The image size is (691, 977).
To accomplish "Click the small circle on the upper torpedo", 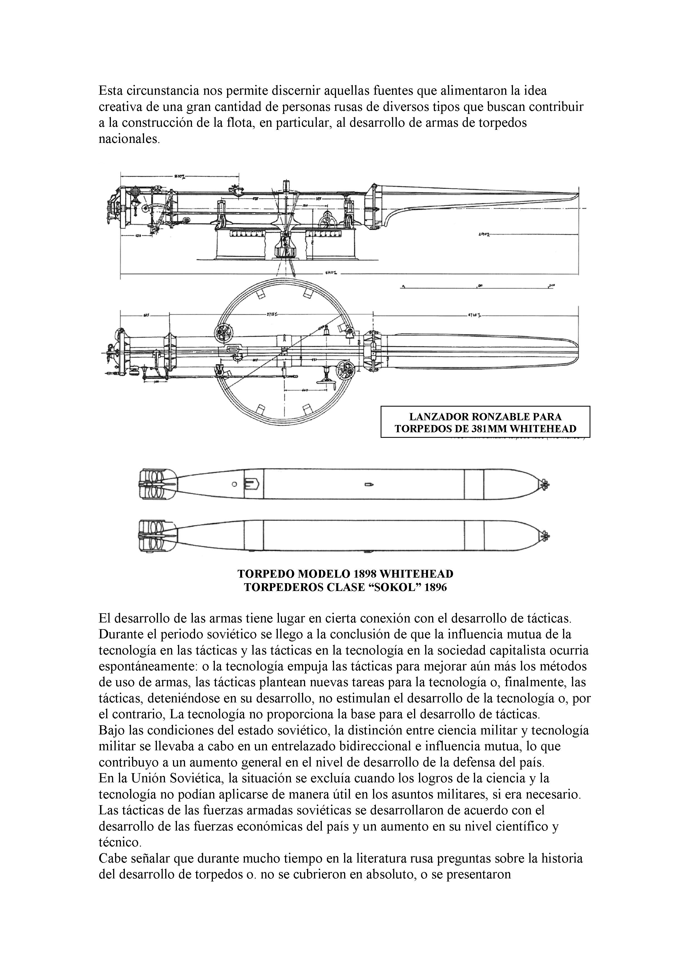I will tap(234, 484).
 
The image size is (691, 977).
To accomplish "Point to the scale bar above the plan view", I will tap(477, 288).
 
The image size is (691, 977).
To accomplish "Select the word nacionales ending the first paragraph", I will tap(129, 139).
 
